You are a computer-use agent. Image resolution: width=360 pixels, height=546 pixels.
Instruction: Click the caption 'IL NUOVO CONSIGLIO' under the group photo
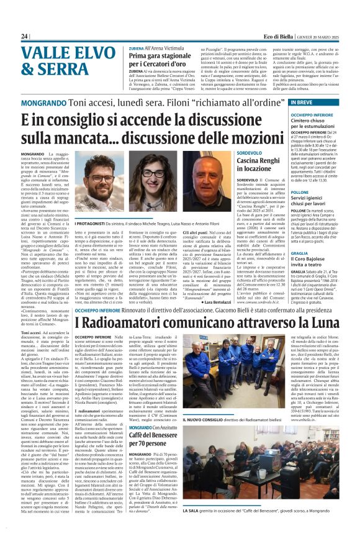(x=205, y=455)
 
